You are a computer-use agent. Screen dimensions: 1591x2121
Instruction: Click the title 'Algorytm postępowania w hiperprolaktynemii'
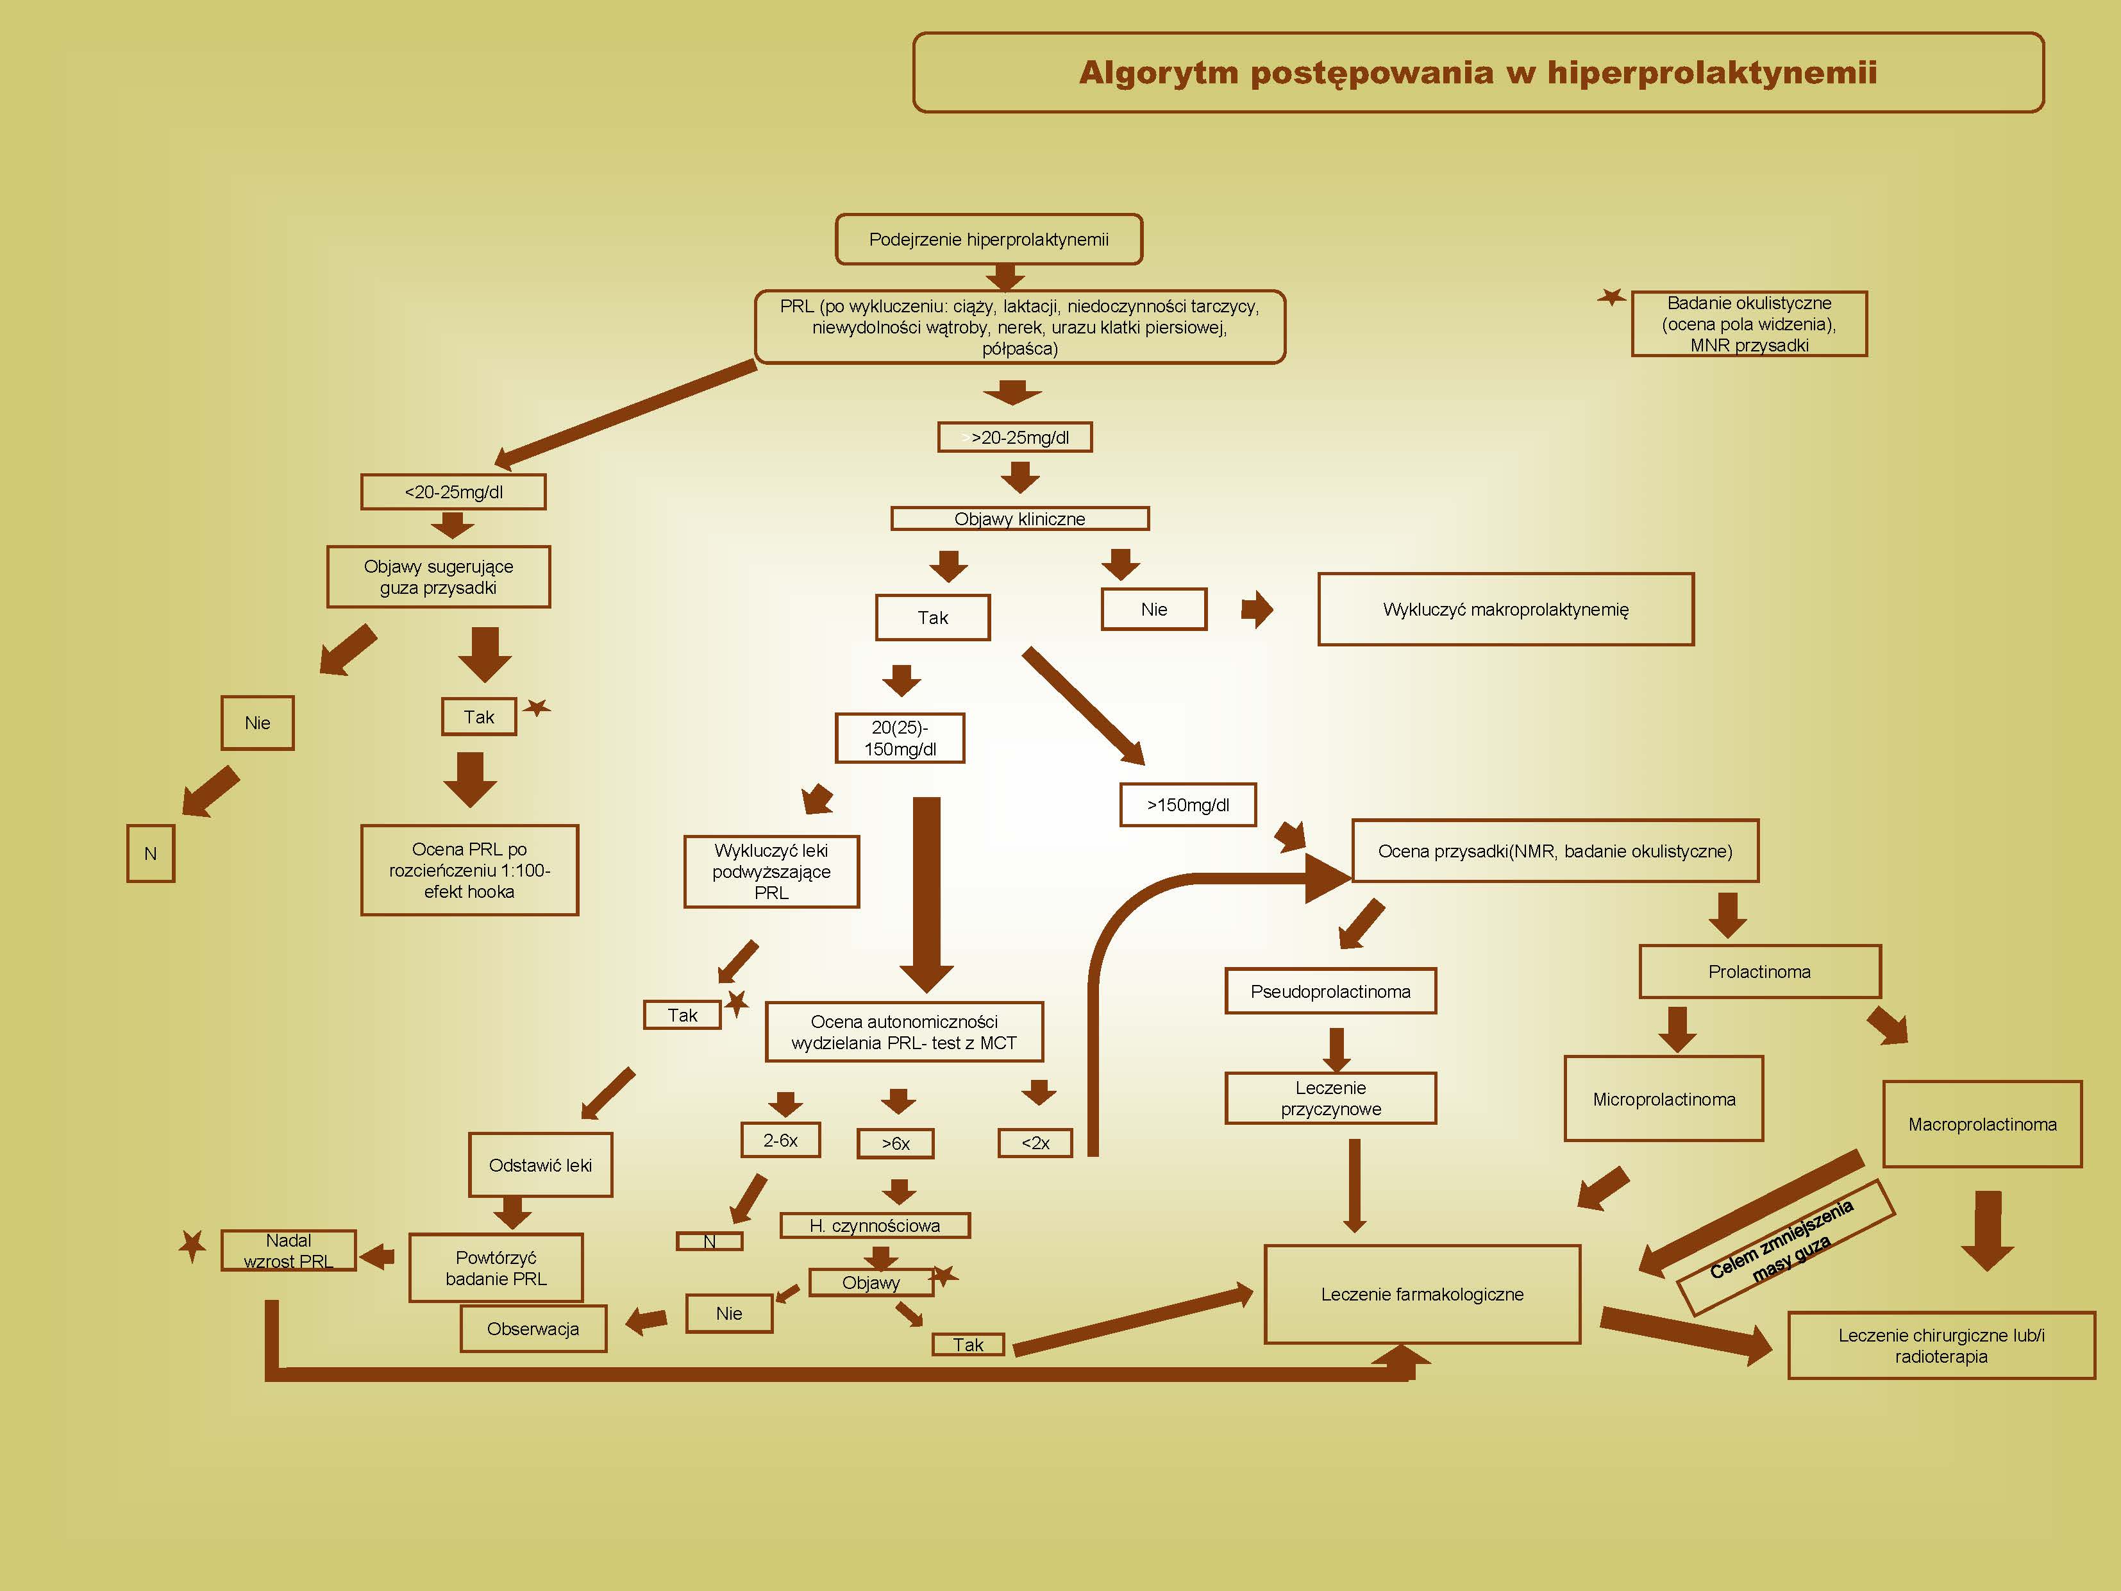(x=1478, y=73)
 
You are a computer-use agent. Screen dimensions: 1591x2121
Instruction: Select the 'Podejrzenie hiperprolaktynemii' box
(x=989, y=239)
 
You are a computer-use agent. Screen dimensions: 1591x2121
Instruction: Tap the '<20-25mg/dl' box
(x=453, y=492)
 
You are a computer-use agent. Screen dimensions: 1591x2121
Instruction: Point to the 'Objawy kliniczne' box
(x=1019, y=519)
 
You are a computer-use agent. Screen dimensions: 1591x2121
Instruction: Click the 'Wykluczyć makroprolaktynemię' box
(x=1505, y=609)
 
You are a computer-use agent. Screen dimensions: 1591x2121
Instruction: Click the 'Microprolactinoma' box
(x=1664, y=1099)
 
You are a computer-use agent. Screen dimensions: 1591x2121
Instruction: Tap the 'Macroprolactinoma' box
(x=1982, y=1124)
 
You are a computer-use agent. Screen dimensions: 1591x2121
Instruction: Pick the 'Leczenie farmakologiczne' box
(x=1422, y=1293)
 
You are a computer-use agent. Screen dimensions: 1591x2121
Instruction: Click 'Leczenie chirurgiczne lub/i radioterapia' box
(x=1941, y=1345)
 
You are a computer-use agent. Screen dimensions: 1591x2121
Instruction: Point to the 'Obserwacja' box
(x=533, y=1328)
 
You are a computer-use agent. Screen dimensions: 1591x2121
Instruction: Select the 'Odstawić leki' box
(x=540, y=1165)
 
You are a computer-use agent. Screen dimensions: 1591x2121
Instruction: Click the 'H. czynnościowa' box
(x=875, y=1225)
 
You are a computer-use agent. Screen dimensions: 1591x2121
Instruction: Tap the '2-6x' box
(x=780, y=1140)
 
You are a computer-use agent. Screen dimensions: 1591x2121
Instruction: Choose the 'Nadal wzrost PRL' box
(x=288, y=1250)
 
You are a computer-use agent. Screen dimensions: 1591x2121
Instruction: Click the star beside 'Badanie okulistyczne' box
(x=1612, y=298)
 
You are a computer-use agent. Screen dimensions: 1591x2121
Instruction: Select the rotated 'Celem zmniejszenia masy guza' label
(x=1786, y=1246)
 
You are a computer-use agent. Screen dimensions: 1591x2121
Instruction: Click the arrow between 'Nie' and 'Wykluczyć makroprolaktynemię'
(x=1257, y=609)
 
